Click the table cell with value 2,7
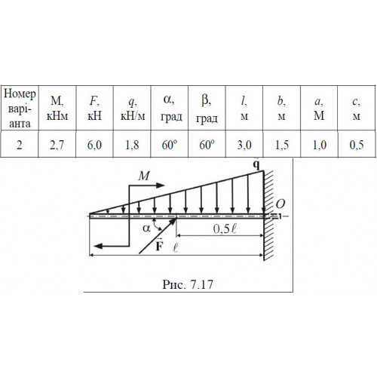[x=57, y=144]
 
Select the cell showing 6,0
[x=94, y=144]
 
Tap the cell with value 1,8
[x=132, y=144]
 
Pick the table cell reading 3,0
[x=244, y=144]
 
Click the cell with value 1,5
[x=282, y=144]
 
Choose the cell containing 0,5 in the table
[x=357, y=144]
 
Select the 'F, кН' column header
[x=94, y=108]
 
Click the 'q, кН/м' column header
[x=132, y=108]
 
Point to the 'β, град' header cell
[x=207, y=108]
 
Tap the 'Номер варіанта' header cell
[x=20, y=108]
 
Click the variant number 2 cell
[x=20, y=144]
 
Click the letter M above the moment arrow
[x=144, y=176]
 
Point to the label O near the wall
[x=280, y=204]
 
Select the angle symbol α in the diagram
[x=146, y=228]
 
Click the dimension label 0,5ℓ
[x=225, y=228]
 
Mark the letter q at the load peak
[x=256, y=165]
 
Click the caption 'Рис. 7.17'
[x=188, y=284]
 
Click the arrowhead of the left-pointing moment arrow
[x=98, y=246]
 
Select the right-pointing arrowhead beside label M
[x=160, y=185]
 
